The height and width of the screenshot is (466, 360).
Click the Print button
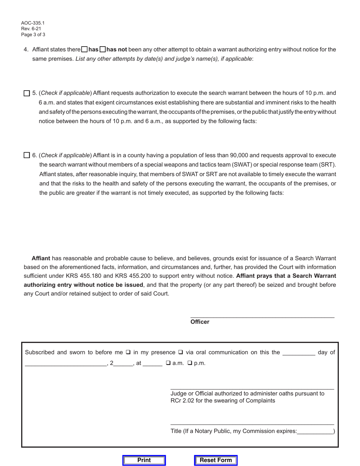(x=144, y=460)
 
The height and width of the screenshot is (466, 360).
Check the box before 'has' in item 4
(x=85, y=49)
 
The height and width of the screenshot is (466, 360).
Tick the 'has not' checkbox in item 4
(x=103, y=49)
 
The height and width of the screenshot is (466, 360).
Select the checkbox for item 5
(x=27, y=93)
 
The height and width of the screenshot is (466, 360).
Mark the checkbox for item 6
(x=27, y=155)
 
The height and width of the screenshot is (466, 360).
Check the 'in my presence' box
(x=128, y=352)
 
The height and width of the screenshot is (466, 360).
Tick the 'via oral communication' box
(x=180, y=352)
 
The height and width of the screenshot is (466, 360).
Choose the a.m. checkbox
(x=168, y=363)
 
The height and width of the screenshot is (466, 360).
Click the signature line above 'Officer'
(x=262, y=316)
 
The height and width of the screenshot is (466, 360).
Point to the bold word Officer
(x=200, y=322)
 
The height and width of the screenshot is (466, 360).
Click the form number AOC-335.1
(x=33, y=23)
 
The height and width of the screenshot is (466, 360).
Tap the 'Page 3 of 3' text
(x=33, y=34)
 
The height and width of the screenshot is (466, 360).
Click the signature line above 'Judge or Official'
(x=252, y=388)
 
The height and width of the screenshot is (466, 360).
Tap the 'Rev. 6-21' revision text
(x=31, y=29)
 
